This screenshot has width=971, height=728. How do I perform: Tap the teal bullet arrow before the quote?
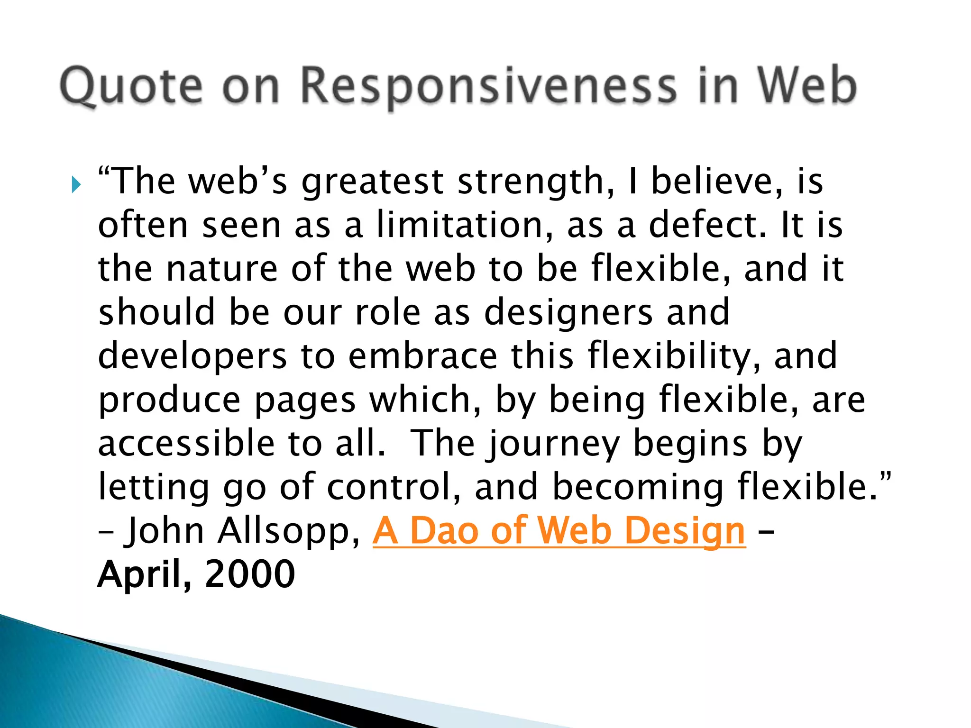point(76,184)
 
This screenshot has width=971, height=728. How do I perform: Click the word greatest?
point(373,182)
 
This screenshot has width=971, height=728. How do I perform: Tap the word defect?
point(706,225)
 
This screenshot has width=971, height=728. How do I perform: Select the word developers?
point(192,357)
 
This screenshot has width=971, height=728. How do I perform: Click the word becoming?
point(638,488)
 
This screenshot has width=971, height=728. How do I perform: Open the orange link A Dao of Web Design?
point(559,531)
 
